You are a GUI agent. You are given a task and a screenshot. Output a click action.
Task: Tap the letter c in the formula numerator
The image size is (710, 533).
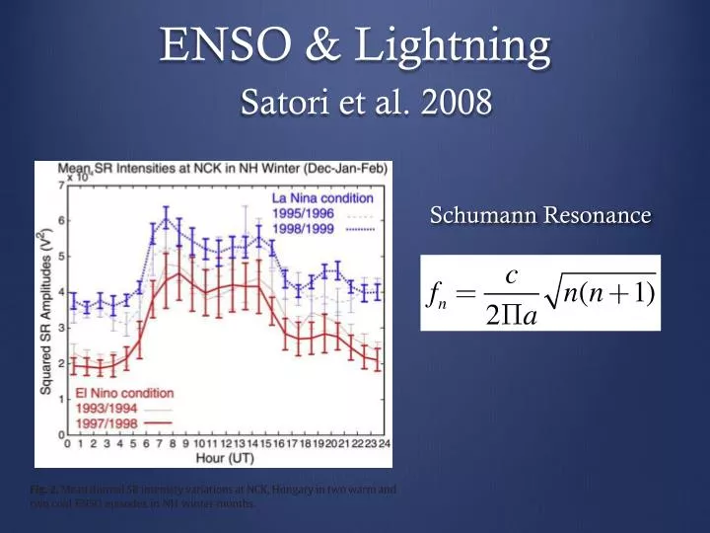coord(512,276)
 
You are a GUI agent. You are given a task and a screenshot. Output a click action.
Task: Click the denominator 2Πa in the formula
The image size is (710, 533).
coord(513,318)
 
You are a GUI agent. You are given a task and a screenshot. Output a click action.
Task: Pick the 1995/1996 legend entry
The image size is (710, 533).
coord(299,213)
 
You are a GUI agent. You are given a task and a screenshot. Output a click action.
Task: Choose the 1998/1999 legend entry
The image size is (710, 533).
coord(299,228)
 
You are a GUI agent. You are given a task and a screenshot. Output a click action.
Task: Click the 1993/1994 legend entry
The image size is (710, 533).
coord(94,408)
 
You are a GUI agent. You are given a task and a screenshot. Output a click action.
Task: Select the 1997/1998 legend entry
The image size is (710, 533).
coord(94,422)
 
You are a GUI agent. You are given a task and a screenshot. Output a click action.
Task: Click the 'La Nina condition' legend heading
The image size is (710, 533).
coord(322,198)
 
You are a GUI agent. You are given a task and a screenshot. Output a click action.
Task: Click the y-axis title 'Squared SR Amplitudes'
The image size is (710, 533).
coord(44,313)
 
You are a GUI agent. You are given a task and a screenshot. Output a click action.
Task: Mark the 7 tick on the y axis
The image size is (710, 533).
coord(60,186)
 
